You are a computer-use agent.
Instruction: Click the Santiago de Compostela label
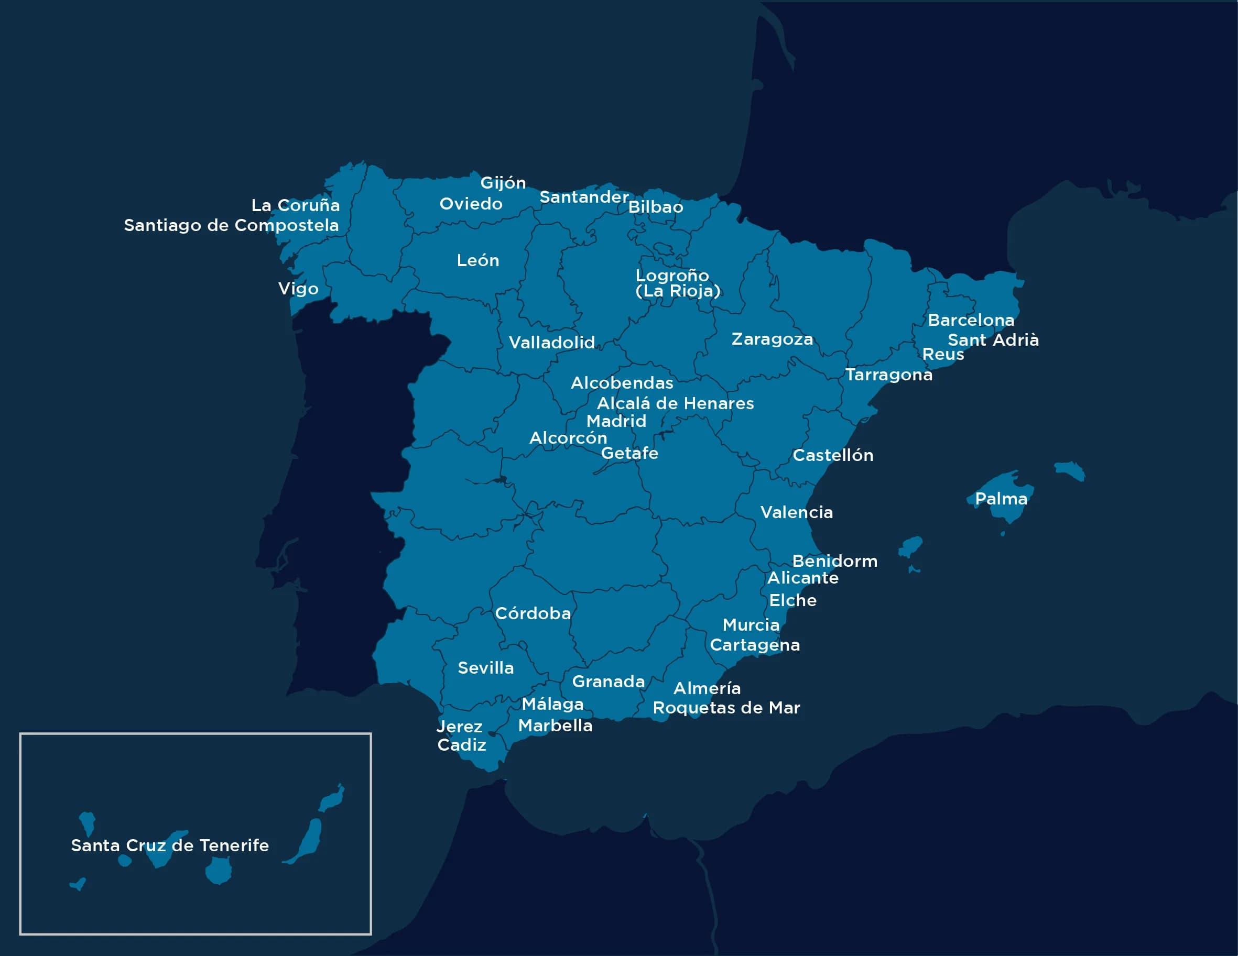click(x=231, y=226)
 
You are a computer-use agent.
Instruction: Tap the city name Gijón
click(x=503, y=182)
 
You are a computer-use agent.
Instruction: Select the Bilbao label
click(x=655, y=207)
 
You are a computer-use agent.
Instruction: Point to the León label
click(x=478, y=261)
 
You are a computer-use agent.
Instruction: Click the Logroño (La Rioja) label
click(x=677, y=283)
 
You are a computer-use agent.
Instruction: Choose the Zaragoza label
click(x=772, y=339)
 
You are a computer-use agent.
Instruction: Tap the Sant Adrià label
click(x=993, y=340)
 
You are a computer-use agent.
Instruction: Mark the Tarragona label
click(x=888, y=375)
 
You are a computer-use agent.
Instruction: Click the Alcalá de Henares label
click(x=675, y=403)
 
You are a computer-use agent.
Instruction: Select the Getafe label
click(x=629, y=453)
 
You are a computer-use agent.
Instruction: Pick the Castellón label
click(x=832, y=455)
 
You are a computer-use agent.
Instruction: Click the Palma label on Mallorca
click(x=1001, y=499)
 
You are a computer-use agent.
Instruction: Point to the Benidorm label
click(x=834, y=561)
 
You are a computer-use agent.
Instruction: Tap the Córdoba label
click(x=533, y=613)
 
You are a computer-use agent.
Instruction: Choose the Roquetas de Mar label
click(x=726, y=708)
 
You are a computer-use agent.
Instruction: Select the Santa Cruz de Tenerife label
click(x=169, y=845)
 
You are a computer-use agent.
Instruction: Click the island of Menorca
click(x=1070, y=470)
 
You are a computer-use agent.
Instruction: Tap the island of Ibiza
click(x=911, y=547)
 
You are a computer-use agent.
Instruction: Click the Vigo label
click(x=298, y=289)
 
